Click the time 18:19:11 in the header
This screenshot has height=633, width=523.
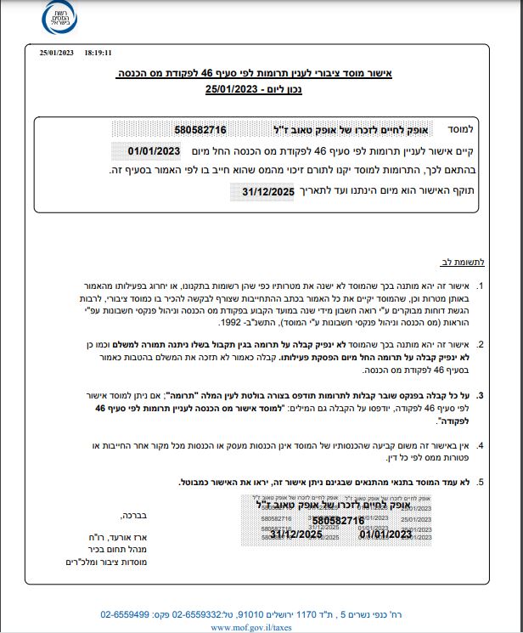click(98, 52)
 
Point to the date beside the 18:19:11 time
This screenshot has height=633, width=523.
click(57, 52)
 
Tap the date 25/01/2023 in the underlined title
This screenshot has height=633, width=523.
click(231, 88)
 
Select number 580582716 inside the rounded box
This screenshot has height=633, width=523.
click(200, 130)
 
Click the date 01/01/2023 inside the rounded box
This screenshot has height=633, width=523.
click(155, 150)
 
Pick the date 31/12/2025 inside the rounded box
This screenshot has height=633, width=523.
click(267, 192)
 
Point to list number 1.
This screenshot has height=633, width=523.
click(481, 285)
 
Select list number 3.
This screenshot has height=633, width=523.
click(481, 395)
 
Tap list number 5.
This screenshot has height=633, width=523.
click(481, 482)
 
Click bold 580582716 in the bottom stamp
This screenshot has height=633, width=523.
click(338, 520)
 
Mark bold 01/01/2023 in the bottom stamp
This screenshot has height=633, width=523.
click(385, 534)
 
